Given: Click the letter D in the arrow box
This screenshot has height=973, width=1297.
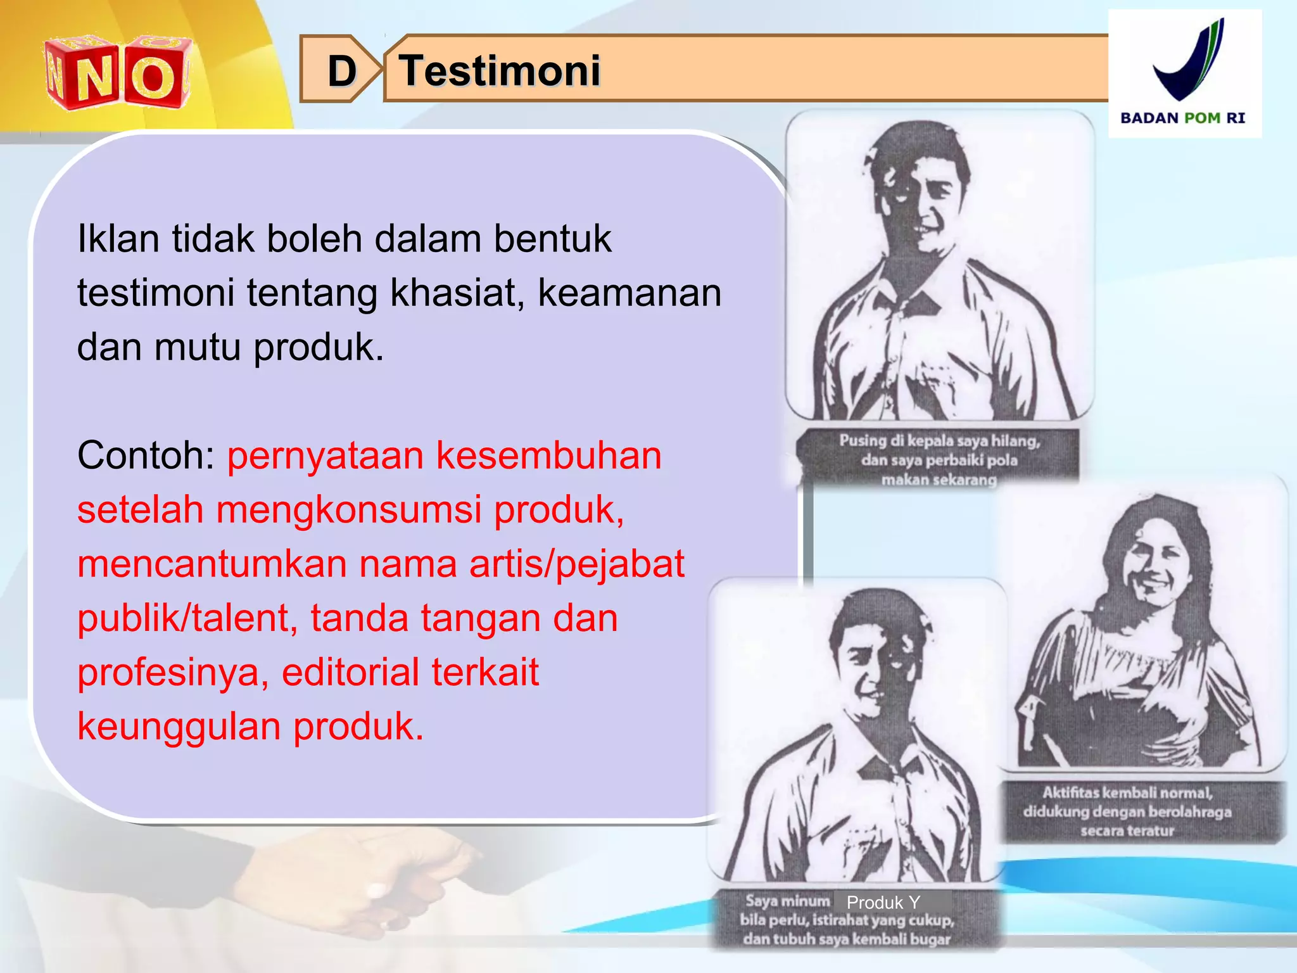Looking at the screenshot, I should pos(342,71).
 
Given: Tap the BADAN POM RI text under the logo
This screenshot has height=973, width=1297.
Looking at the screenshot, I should pos(1182,118).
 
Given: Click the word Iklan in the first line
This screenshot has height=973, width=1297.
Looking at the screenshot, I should pos(118,239).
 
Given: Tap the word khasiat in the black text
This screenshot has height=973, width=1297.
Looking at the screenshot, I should pos(456,293).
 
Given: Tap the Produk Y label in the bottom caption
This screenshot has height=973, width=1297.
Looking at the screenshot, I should pos(883,902).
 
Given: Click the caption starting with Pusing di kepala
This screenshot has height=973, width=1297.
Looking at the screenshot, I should pos(939,459).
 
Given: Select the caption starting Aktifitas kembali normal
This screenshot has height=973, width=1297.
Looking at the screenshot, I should pos(1127,811).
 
